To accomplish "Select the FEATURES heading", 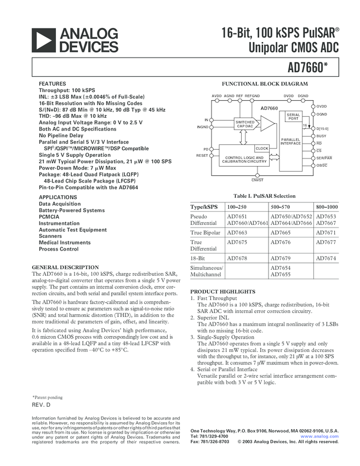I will coord(53,84).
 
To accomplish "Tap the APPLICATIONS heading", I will coord(58,197).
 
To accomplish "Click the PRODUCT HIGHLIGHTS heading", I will coord(222,291).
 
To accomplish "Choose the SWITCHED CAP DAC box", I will coord(245,124).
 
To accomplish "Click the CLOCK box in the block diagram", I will coord(262,149).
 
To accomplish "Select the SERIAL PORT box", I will coord(293,116).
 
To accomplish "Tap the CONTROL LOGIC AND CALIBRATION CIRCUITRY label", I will coord(245,160).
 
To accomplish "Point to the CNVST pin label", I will coord(258,180).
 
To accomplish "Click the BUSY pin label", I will coord(321,135).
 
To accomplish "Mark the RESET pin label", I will coord(202,156).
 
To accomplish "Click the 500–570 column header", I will coord(280,207).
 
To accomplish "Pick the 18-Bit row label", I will coord(198,257).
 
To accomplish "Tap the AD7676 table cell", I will coord(280,242).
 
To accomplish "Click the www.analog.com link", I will coord(323,436).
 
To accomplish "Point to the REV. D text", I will coord(41,404).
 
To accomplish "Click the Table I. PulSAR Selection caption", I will coord(264,196).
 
